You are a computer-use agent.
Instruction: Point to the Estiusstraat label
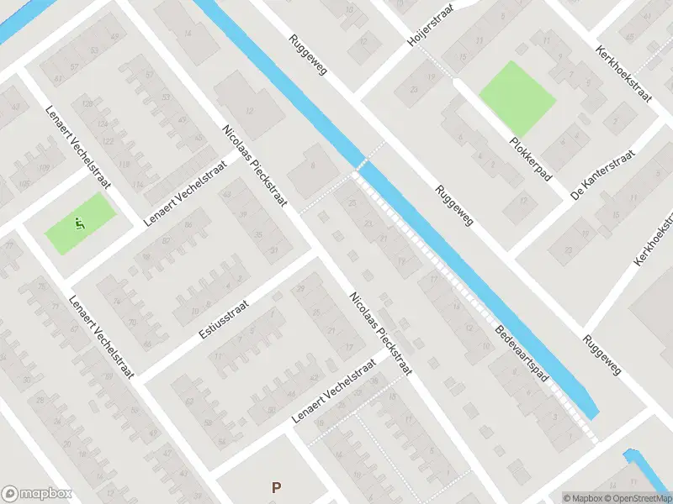(223, 323)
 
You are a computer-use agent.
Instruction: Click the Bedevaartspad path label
(522, 355)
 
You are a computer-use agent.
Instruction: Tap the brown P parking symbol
(275, 487)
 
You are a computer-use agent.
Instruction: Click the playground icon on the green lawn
(80, 223)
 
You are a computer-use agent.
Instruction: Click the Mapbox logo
(38, 494)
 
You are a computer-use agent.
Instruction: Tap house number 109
(44, 171)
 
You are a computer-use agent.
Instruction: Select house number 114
(138, 185)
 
